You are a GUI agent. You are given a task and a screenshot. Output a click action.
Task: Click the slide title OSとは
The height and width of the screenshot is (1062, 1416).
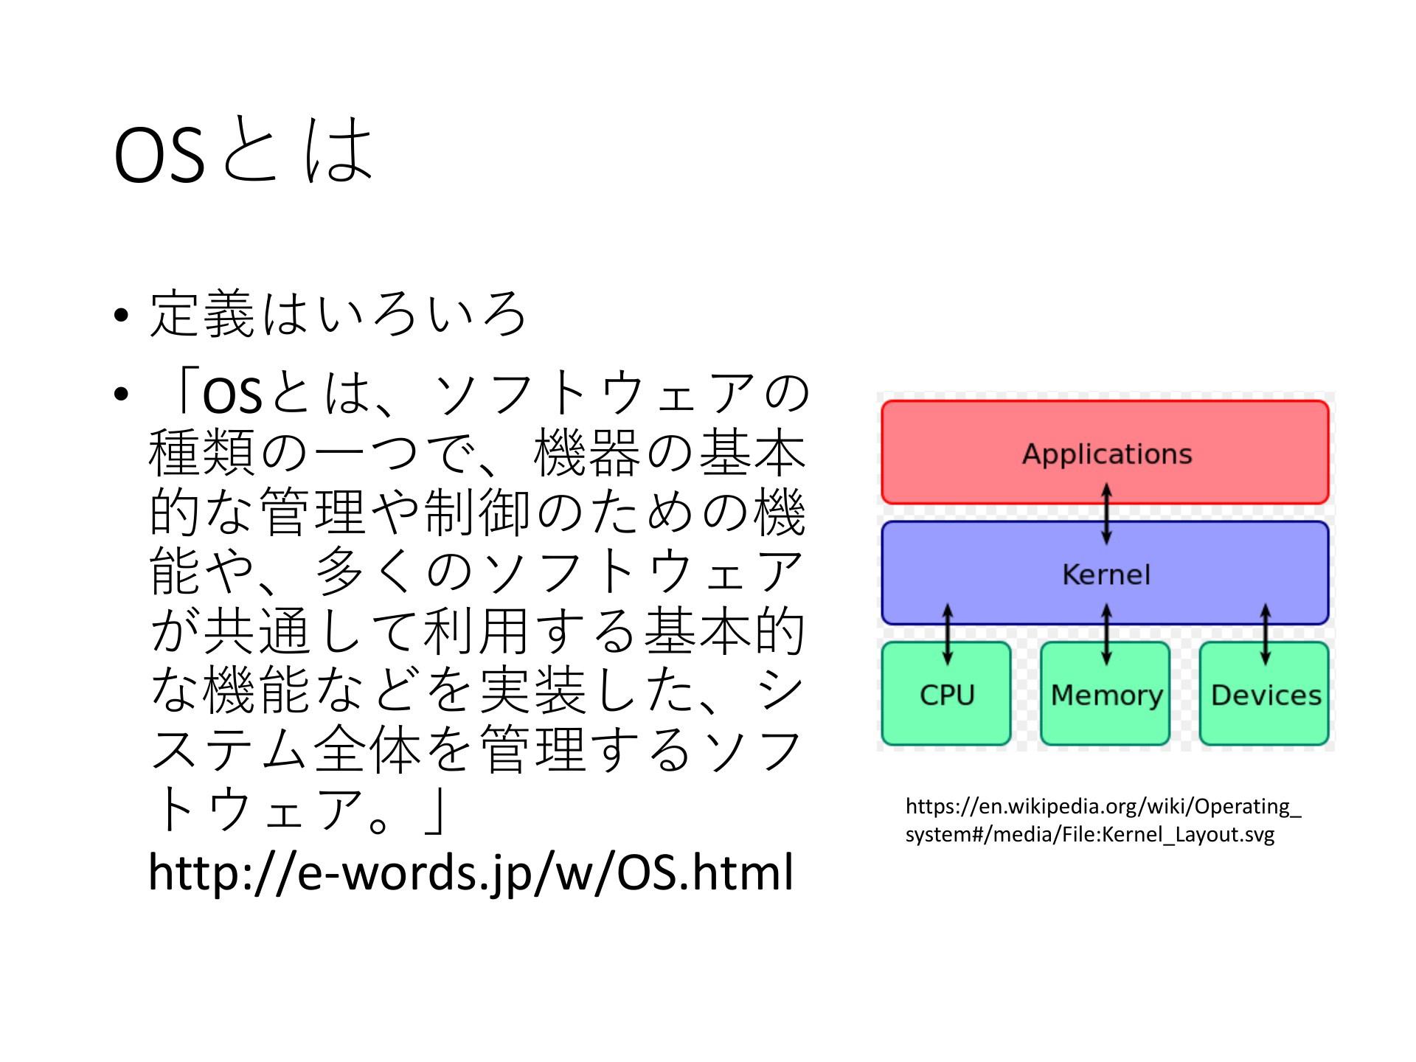pos(243,150)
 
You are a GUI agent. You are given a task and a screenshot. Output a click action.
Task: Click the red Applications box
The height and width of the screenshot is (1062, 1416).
pos(1105,452)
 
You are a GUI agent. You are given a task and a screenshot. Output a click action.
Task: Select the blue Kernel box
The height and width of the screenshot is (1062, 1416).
pos(1105,573)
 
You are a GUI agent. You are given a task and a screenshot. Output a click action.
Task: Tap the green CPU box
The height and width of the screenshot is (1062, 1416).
pos(946,693)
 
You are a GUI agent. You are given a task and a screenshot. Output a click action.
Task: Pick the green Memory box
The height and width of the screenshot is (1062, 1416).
pos(1105,693)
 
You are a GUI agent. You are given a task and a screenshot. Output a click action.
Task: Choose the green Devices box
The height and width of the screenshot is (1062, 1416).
pos(1264,693)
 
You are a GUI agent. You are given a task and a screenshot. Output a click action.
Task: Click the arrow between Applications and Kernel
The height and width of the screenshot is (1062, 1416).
pos(1106,513)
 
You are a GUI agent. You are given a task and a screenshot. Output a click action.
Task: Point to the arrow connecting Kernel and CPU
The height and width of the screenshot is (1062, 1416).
pos(948,634)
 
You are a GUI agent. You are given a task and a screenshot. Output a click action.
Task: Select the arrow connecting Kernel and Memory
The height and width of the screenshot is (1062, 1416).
pos(1106,634)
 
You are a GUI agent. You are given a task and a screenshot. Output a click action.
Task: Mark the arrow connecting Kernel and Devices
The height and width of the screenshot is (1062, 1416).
pos(1266,634)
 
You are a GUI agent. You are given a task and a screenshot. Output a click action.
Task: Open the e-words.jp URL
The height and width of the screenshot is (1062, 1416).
pos(471,872)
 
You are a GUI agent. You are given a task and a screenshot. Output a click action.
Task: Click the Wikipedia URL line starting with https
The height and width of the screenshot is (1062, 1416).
pos(1103,807)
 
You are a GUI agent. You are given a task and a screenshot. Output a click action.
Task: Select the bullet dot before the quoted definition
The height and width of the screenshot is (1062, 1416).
pos(122,395)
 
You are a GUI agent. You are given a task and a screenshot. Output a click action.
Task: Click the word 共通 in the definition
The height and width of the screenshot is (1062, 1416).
pos(257,631)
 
